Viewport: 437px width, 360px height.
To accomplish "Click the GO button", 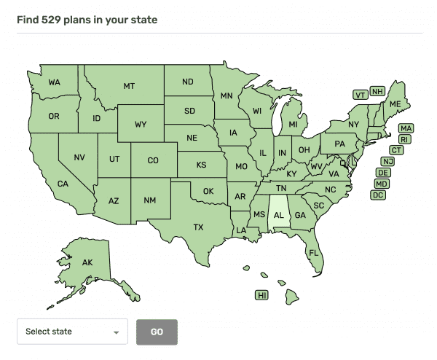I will coord(157,332).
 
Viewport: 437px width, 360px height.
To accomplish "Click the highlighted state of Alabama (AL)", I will coord(277,215).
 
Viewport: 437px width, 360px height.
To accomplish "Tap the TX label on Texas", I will coord(198,227).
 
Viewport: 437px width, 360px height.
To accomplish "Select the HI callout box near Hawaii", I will coord(262,295).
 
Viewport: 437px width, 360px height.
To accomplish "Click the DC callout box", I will coord(378,195).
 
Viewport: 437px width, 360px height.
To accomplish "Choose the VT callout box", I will coord(360,95).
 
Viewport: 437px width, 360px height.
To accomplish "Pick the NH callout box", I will coord(377,91).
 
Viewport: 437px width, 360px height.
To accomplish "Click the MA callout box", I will coord(406,128).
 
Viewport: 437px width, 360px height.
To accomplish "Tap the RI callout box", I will coord(405,139).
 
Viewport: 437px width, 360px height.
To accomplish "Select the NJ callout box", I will coord(388,161).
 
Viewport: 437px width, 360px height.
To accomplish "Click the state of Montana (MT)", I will coord(129,86).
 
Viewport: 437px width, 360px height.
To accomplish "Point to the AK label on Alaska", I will coord(87,262).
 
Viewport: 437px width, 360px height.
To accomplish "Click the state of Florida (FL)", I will coord(314,252).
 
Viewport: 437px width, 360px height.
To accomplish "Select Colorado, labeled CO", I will coord(153,160).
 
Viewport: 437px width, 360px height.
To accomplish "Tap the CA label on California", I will coord(63,184).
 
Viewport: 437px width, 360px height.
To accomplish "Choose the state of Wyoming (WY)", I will coord(141,125).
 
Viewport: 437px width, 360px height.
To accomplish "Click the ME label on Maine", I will coord(395,105).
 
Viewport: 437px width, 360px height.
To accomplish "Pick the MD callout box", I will coord(382,184).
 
